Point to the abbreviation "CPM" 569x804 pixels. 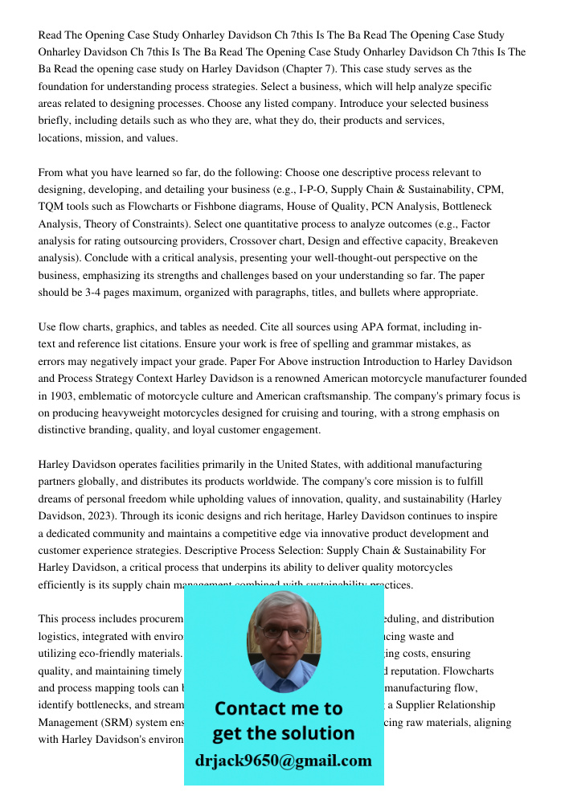coord(489,190)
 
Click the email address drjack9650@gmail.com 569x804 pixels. coord(283,761)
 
